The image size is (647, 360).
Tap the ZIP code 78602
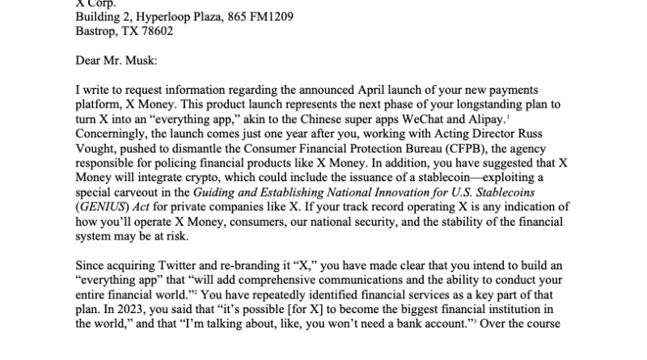click(154, 32)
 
